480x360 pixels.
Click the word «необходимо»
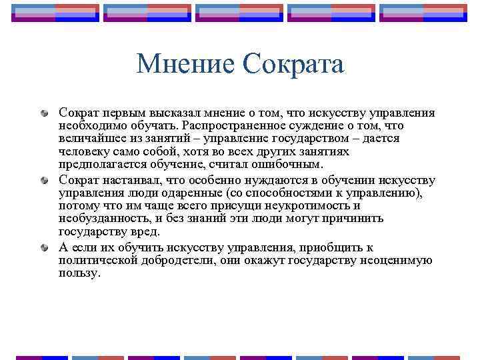click(x=87, y=126)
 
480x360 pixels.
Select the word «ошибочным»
click(x=290, y=163)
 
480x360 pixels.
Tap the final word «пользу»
click(x=78, y=273)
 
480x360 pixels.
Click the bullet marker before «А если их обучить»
click(x=45, y=247)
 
